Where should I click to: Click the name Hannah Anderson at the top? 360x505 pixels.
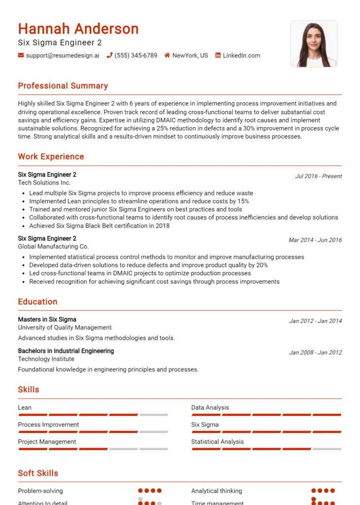pos(78,29)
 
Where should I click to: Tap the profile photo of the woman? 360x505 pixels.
pos(314,44)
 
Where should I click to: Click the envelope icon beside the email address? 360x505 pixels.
pos(21,55)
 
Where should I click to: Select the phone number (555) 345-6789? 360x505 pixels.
pos(136,55)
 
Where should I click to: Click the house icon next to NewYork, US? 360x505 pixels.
pos(167,55)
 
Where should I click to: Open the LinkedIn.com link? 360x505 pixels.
pos(241,55)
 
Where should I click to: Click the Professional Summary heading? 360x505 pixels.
pos(63,86)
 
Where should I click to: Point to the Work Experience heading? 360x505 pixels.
pos(51,157)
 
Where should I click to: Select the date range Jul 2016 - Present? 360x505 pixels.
pos(318,176)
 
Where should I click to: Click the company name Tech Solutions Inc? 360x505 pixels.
pos(44,182)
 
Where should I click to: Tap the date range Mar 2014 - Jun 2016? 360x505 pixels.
pos(315,240)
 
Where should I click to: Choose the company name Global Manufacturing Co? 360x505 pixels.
pos(53,247)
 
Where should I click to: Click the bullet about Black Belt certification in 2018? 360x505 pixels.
pos(99,226)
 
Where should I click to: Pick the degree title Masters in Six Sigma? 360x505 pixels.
pos(47,320)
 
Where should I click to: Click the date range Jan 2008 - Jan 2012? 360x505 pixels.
pos(315,353)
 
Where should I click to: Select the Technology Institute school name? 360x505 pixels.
pos(46,359)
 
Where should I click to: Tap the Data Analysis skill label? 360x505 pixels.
pos(210,408)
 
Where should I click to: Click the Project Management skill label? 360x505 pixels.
pos(47,442)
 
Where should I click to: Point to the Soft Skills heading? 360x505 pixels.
pos(38,473)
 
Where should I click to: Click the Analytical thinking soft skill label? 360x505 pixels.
pos(216,491)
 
